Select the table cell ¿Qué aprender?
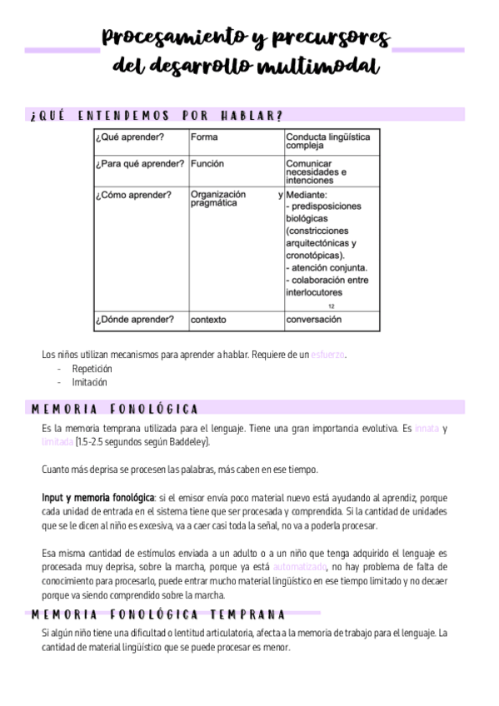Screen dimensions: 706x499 pyautogui.click(x=129, y=137)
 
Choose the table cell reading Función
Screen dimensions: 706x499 pyautogui.click(x=207, y=164)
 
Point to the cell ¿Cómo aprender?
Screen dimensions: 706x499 pyautogui.click(x=133, y=196)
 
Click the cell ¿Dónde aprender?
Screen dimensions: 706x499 pyautogui.click(x=134, y=319)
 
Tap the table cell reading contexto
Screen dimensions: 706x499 pyautogui.click(x=208, y=319)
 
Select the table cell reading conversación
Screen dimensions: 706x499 pyautogui.click(x=314, y=319)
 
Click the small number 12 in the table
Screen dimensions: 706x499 pyautogui.click(x=332, y=306)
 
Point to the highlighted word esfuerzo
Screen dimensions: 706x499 pyautogui.click(x=327, y=355)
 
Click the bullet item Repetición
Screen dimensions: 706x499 pyautogui.click(x=92, y=368)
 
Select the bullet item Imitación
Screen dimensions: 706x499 pyautogui.click(x=90, y=382)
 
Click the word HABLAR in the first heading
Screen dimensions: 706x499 pyautogui.click(x=251, y=115)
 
